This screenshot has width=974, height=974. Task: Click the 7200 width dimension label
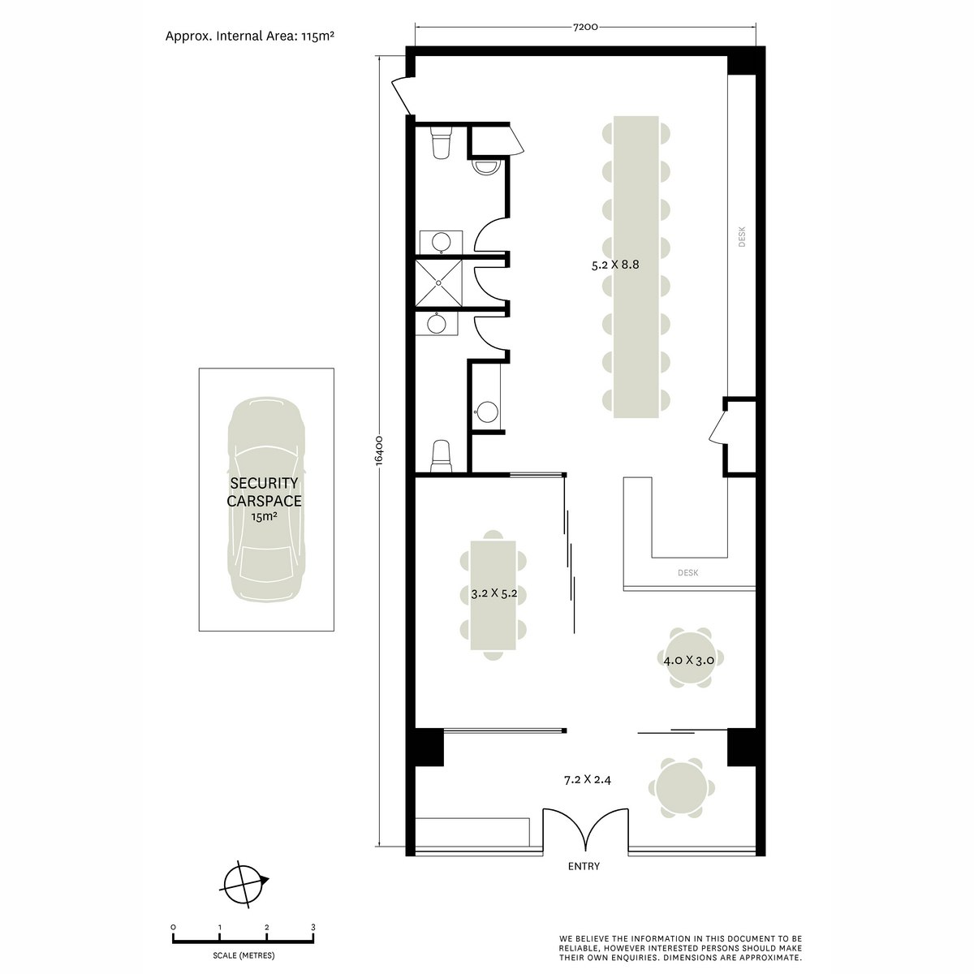[584, 27]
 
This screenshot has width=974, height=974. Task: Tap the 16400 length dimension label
[379, 450]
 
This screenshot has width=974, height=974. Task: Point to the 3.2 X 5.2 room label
[493, 593]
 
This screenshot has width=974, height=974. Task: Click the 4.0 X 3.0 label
[688, 660]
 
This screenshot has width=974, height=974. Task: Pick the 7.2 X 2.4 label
[587, 780]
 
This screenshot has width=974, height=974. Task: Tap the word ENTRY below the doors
[584, 866]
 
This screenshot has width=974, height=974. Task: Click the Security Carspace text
[264, 493]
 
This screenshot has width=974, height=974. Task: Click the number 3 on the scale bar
[313, 927]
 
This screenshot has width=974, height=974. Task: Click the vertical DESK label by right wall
[741, 236]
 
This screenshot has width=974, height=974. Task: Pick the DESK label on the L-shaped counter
[687, 573]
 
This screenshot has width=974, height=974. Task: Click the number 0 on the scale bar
[173, 927]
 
